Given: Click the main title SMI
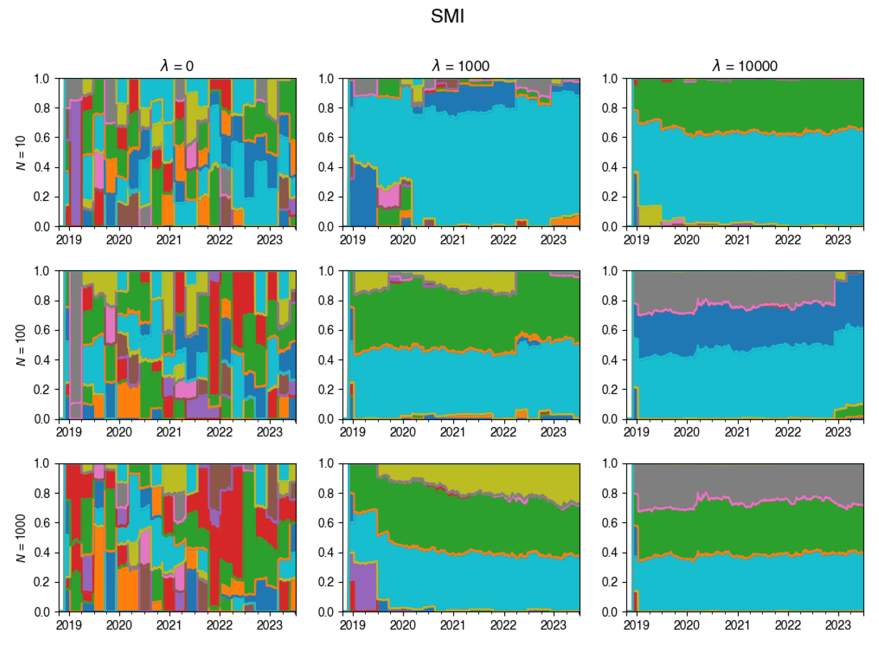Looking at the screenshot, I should point(447,16).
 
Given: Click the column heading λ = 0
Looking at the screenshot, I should point(177,66).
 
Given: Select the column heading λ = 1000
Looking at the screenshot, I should point(461,66).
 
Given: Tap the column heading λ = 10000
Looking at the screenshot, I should point(745,66).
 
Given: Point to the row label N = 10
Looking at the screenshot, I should point(21,153).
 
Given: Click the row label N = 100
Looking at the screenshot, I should point(21,345).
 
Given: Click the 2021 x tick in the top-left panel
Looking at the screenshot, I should point(169,240).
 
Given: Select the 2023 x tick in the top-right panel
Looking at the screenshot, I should point(838,240).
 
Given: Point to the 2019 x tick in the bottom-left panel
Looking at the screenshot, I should point(69,625).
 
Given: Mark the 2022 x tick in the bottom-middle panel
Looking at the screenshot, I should point(503,625).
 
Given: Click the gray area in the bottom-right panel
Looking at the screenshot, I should point(742,481).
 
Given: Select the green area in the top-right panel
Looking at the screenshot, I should point(742,102).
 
